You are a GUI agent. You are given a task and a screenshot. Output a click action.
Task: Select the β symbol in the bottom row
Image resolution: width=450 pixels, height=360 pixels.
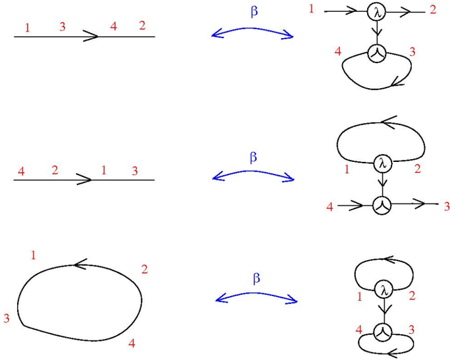click(x=257, y=278)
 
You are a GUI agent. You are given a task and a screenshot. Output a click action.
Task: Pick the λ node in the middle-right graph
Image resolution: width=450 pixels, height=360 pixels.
click(x=381, y=163)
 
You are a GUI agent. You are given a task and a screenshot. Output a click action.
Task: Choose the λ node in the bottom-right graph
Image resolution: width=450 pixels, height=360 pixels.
click(x=382, y=289)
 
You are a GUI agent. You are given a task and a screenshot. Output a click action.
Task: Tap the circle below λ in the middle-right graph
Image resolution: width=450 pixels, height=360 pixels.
click(x=382, y=205)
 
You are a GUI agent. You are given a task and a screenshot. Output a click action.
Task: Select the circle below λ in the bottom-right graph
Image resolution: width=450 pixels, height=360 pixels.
click(x=382, y=332)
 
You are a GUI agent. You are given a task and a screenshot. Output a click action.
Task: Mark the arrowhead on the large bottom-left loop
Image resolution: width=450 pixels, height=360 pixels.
click(x=82, y=265)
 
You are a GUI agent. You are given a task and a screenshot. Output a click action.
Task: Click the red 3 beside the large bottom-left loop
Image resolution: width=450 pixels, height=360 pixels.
click(x=7, y=319)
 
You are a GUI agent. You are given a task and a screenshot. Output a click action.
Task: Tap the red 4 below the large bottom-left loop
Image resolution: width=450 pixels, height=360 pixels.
click(x=132, y=343)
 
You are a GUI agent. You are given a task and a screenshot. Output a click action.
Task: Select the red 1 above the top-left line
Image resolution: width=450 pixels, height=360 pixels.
click(x=27, y=28)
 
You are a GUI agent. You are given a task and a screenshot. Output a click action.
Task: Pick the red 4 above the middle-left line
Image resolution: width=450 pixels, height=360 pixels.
click(x=21, y=172)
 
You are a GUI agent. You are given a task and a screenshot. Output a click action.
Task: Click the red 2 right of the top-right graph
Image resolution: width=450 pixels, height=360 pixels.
click(x=432, y=10)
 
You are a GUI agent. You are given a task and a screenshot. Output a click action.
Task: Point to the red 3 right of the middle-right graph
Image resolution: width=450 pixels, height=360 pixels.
click(x=446, y=207)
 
